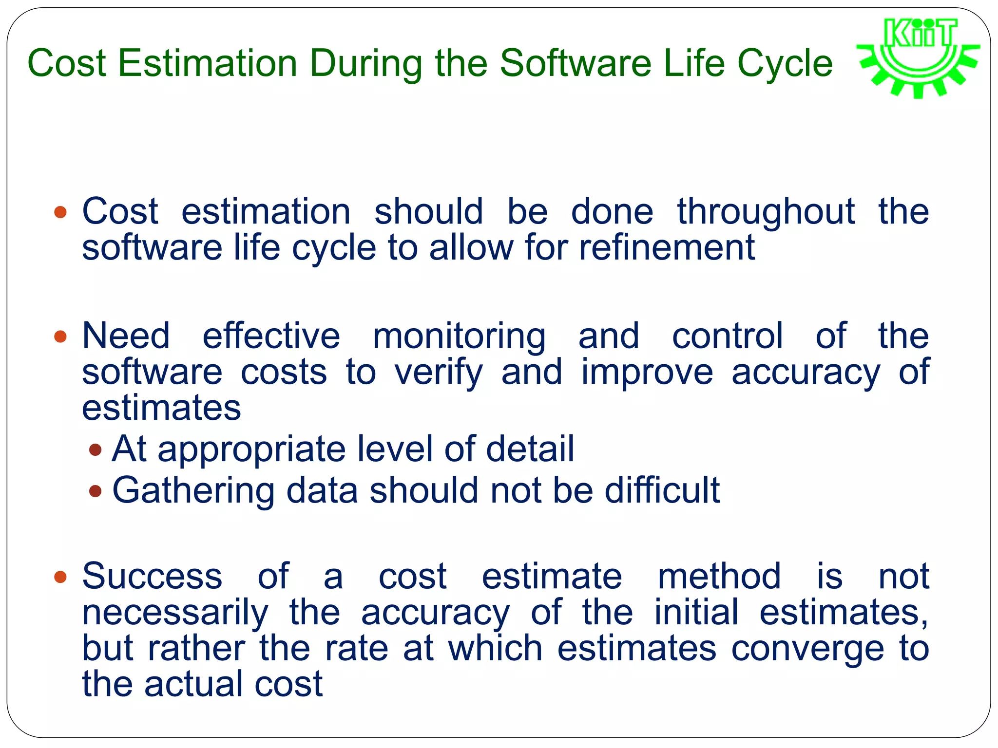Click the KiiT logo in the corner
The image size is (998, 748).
click(919, 57)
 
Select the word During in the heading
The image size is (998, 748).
click(366, 63)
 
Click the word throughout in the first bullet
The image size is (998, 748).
click(766, 212)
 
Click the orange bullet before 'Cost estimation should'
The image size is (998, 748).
click(60, 212)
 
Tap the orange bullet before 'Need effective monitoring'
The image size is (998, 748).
click(60, 337)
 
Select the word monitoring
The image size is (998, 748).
click(459, 337)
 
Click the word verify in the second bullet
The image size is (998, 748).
click(439, 373)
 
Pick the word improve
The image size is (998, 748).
click(647, 373)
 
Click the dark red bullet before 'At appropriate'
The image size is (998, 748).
click(96, 449)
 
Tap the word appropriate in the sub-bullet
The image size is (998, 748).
click(251, 449)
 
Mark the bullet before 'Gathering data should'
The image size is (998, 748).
click(96, 491)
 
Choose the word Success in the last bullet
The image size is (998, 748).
click(152, 577)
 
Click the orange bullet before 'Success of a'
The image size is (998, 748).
click(60, 578)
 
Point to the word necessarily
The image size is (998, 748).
click(175, 613)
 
